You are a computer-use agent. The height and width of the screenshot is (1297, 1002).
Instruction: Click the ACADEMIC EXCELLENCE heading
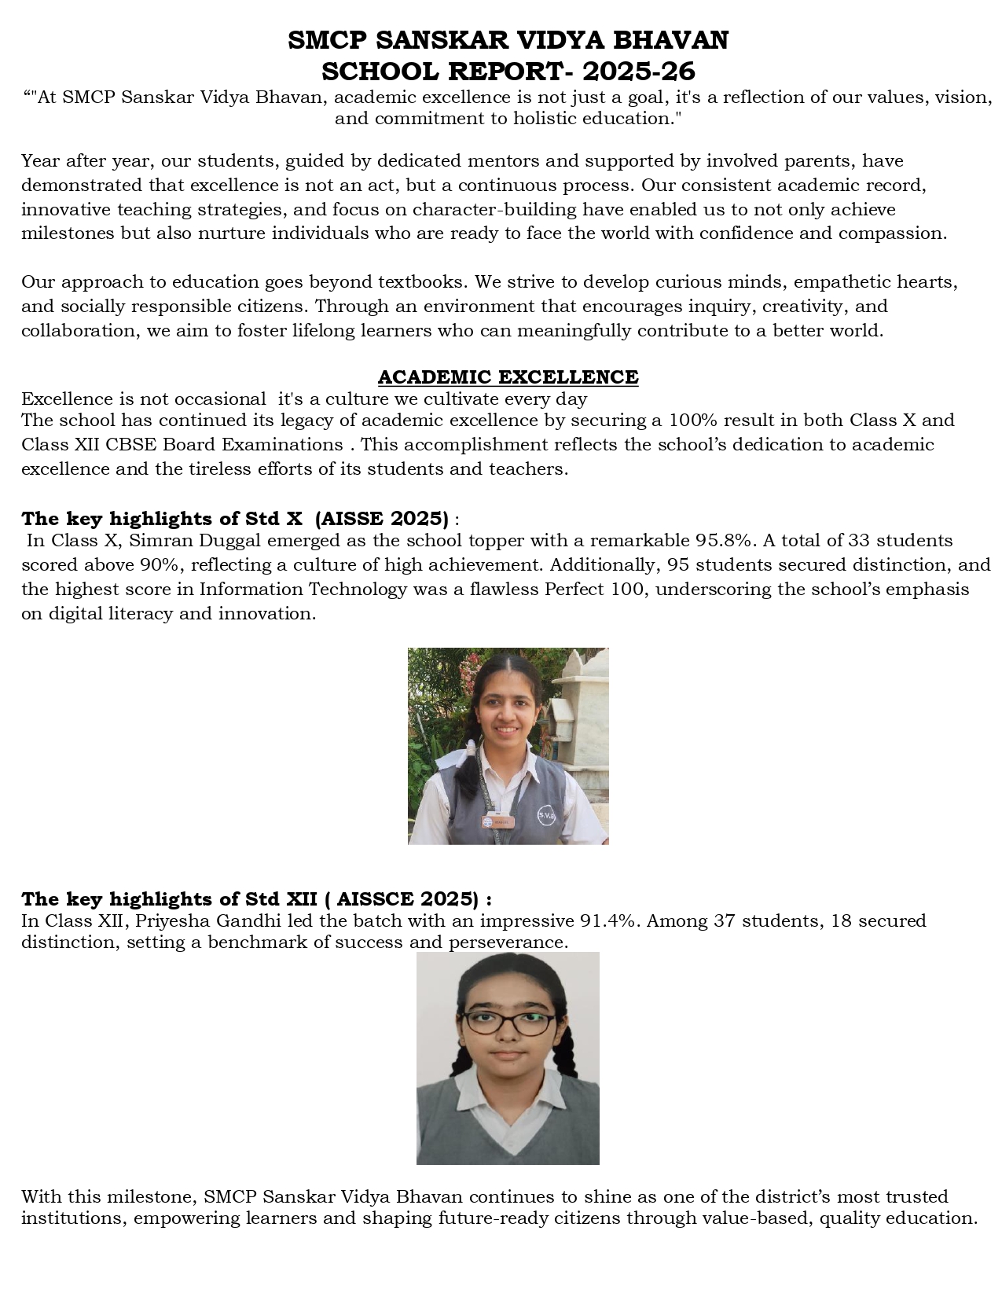coord(508,377)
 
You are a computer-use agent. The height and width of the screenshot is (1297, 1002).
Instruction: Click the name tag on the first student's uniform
coord(497,821)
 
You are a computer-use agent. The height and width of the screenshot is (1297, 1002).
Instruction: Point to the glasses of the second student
coord(508,1023)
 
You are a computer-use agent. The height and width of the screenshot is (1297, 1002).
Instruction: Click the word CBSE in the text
coord(132,445)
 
